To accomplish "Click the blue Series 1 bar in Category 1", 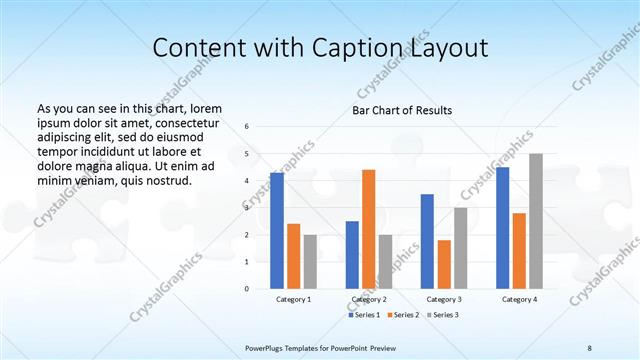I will click(277, 231).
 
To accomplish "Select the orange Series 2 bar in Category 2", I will click(368, 229).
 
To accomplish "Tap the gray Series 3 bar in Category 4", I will click(536, 221).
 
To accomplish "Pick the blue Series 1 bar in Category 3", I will click(427, 241).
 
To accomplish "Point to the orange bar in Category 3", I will click(444, 264).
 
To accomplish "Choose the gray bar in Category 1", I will click(310, 261).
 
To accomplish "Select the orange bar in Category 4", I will click(519, 250).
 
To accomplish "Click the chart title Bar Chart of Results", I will click(403, 111).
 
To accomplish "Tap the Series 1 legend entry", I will click(363, 315).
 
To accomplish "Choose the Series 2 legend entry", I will click(404, 315).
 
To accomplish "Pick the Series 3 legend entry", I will click(444, 315).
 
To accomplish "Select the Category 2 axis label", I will click(369, 299).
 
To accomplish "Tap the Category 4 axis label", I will click(519, 299).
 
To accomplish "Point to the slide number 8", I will click(590, 347).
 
